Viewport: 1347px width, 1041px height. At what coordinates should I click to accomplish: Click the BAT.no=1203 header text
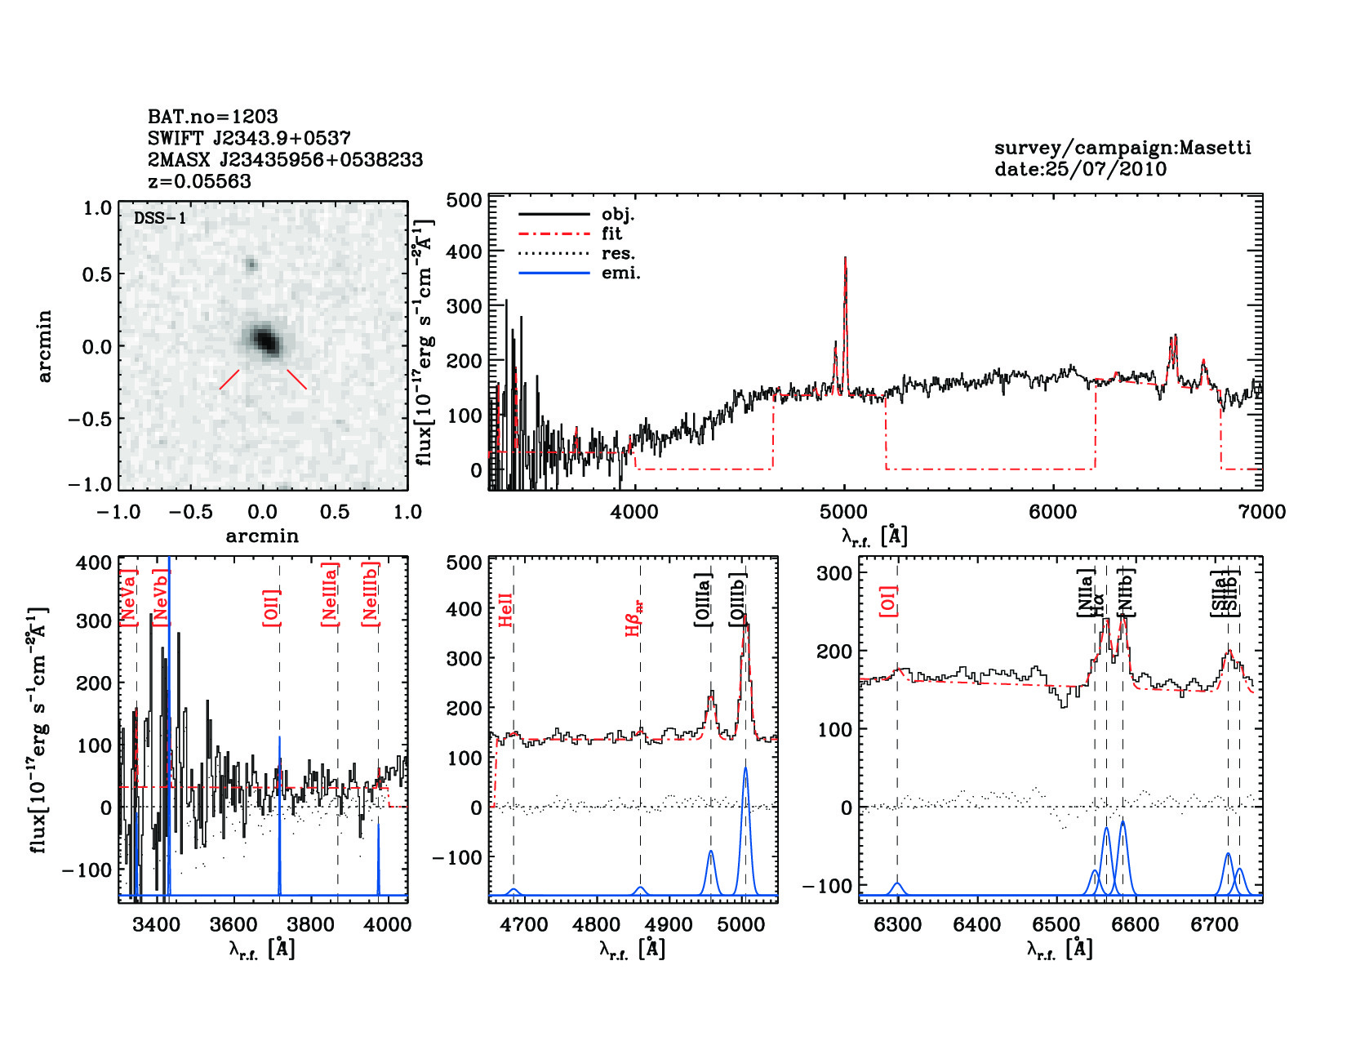click(x=212, y=116)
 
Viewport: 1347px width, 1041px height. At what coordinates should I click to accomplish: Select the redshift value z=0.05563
click(x=199, y=181)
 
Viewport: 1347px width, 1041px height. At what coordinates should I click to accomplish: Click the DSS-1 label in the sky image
click(x=160, y=218)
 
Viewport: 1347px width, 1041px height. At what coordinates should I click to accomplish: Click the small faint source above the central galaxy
click(x=251, y=264)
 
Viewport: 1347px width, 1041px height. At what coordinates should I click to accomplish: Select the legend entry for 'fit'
click(x=611, y=234)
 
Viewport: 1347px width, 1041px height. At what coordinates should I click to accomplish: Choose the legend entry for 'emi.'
click(x=620, y=273)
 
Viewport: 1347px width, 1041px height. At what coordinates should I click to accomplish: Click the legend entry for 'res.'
click(x=618, y=253)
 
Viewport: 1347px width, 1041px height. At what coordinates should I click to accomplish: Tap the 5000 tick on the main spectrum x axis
click(x=843, y=512)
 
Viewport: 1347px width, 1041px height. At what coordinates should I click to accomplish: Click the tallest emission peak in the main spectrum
click(x=845, y=260)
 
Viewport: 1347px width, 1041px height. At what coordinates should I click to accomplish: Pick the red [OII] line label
click(x=272, y=607)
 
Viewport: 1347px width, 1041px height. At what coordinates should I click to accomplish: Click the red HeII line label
click(x=506, y=610)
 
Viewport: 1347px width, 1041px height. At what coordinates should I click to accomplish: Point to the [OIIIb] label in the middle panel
click(x=738, y=600)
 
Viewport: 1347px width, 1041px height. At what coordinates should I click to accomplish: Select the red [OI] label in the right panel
click(x=888, y=600)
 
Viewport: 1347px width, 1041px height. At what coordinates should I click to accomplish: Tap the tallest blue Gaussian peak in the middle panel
click(x=745, y=769)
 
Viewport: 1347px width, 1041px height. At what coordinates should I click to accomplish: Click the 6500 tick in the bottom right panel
click(x=1056, y=924)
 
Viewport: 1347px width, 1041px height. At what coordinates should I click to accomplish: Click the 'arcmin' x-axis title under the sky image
click(x=262, y=536)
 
